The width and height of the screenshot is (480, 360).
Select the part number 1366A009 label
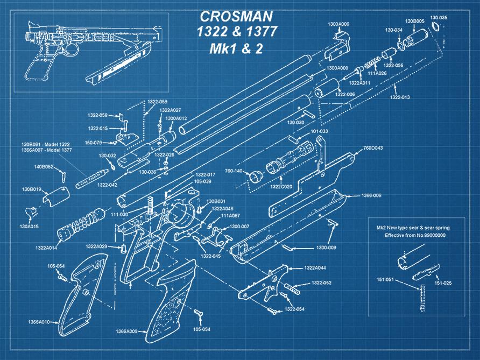click(x=126, y=331)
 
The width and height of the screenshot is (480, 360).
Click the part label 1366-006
click(x=371, y=195)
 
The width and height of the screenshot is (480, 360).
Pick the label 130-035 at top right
click(x=439, y=18)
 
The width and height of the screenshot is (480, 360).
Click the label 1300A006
click(x=338, y=24)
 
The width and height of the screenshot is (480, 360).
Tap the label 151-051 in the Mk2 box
click(x=385, y=280)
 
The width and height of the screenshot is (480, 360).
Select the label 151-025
click(x=442, y=283)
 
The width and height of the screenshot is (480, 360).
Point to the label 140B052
click(x=44, y=167)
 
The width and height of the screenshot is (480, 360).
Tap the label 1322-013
click(x=399, y=97)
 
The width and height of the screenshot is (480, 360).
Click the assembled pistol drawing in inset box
click(x=91, y=48)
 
